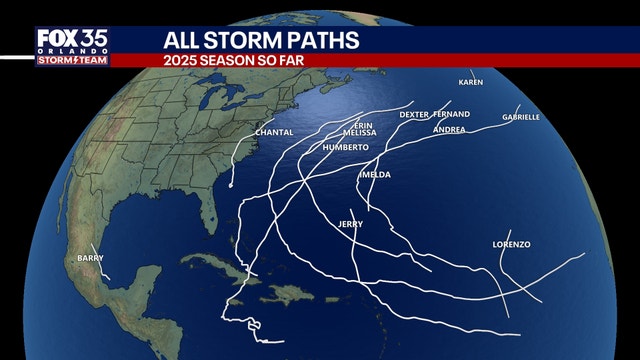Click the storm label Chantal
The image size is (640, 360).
pyautogui.click(x=275, y=132)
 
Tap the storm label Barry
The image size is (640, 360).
pyautogui.click(x=90, y=259)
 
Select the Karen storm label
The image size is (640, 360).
pyautogui.click(x=470, y=82)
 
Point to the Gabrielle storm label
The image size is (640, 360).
pyautogui.click(x=521, y=117)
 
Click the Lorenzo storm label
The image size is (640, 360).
pyautogui.click(x=511, y=245)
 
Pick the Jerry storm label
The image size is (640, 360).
pyautogui.click(x=350, y=223)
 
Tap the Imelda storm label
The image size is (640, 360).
pyautogui.click(x=374, y=175)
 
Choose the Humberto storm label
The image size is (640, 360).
pyautogui.click(x=346, y=147)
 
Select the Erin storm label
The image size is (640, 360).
pyautogui.click(x=350, y=125)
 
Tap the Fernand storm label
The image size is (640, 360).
pyautogui.click(x=452, y=114)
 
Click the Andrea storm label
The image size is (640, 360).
pyautogui.click(x=449, y=129)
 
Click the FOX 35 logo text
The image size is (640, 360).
pyautogui.click(x=72, y=38)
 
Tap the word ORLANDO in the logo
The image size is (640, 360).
pyautogui.click(x=72, y=50)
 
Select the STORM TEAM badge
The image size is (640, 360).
pyautogui.click(x=72, y=60)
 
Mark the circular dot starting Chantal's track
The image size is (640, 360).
pyautogui.click(x=231, y=185)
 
